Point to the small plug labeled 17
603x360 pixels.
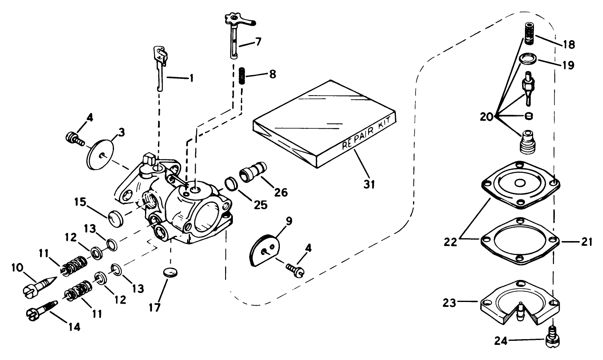coord(171,273)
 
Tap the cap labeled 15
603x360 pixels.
coord(116,217)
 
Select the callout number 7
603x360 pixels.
coord(258,41)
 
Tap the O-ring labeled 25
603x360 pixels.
coord(232,184)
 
